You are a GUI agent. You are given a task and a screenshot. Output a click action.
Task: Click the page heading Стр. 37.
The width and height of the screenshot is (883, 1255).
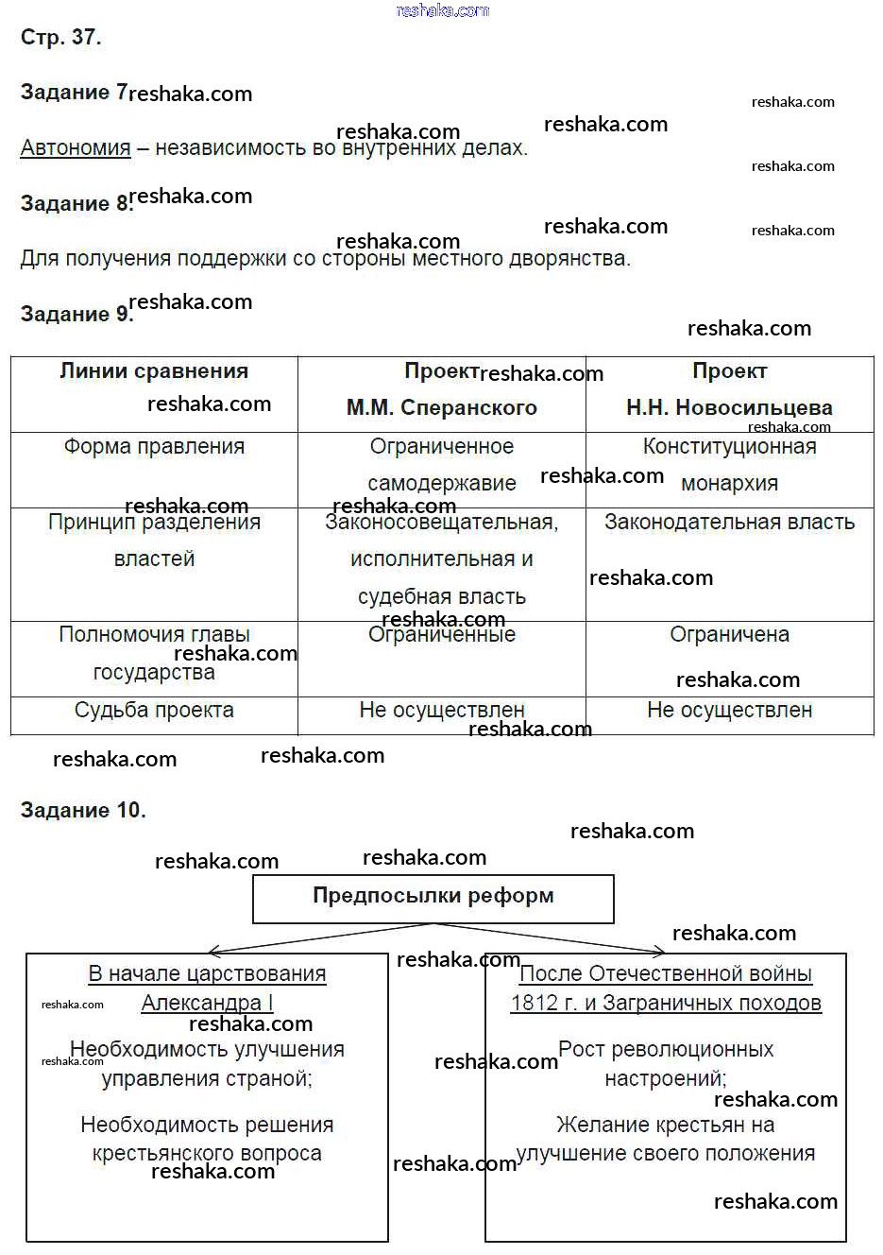60,38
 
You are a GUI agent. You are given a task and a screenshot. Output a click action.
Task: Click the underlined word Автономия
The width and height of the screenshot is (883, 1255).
76,148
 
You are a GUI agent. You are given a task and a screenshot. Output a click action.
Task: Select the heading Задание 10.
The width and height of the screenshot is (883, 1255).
83,810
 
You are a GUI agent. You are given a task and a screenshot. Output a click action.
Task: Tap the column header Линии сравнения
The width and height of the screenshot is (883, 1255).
154,371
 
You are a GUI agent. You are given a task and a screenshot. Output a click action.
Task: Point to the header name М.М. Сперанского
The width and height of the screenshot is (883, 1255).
441,408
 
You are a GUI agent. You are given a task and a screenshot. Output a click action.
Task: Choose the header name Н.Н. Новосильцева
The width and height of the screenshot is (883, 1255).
729,408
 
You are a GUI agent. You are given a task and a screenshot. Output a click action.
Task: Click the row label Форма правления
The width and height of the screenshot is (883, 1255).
154,447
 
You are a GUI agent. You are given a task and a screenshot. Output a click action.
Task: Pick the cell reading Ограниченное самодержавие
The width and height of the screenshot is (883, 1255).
441,465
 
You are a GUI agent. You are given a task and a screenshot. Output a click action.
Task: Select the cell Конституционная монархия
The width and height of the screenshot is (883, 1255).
729,465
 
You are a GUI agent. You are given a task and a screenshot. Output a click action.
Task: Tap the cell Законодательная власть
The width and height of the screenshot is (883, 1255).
729,523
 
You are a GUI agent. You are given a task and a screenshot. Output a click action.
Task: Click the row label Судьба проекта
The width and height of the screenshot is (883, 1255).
154,711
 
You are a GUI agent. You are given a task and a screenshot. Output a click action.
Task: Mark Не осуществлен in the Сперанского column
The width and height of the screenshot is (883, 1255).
441,711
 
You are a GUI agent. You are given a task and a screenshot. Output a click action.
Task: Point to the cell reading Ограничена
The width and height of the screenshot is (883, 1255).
729,635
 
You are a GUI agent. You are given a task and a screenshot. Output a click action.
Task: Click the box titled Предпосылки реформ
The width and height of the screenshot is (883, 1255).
433,897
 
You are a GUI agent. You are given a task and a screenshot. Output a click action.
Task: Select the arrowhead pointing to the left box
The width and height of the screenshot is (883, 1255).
213,951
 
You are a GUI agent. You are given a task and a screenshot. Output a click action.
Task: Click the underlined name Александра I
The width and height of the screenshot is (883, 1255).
207,1003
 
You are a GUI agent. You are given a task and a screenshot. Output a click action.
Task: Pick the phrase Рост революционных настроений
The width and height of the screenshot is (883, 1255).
666,1063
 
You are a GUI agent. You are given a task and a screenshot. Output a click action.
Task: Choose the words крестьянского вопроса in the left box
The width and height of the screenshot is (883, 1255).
207,1154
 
